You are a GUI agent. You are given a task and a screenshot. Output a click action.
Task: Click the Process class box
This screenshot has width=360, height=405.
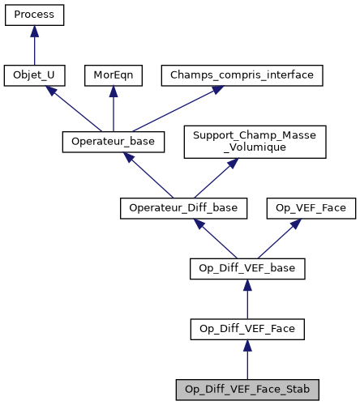(34, 15)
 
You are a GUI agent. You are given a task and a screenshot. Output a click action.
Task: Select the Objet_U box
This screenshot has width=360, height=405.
(34, 75)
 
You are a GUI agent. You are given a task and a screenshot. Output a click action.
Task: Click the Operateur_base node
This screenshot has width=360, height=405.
(114, 142)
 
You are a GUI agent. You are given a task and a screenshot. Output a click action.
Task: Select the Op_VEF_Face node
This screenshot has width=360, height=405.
(310, 208)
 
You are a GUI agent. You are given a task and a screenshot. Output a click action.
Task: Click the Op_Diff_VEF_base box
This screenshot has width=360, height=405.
(246, 268)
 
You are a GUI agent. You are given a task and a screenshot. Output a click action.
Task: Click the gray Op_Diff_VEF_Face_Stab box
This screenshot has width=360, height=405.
(246, 388)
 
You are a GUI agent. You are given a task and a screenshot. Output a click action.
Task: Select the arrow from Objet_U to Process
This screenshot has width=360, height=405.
(34, 45)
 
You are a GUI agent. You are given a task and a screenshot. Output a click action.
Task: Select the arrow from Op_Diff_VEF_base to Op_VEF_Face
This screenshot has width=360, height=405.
(279, 237)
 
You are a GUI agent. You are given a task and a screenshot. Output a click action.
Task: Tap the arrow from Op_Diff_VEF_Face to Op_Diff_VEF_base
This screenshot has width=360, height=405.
(246, 298)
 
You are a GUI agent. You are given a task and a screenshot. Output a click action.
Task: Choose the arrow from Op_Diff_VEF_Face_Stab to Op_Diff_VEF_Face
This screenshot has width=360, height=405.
(246, 358)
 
